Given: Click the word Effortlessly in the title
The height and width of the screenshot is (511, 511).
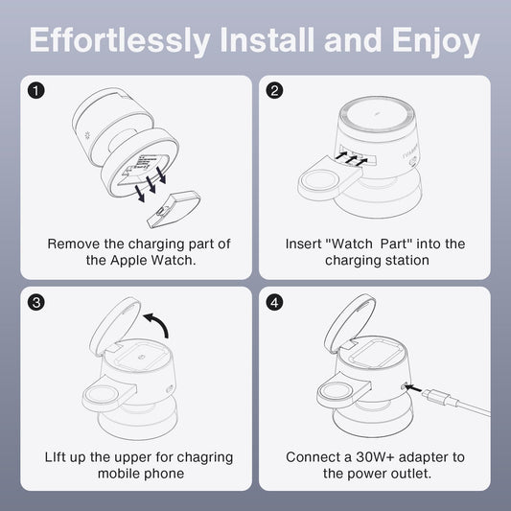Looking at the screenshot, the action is point(119,40).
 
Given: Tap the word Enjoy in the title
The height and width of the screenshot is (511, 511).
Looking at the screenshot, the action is point(436,41).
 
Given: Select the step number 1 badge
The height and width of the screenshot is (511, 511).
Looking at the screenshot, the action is point(35,90).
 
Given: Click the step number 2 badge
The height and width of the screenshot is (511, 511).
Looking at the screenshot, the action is point(274,90).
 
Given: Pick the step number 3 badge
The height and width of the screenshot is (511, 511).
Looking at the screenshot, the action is point(35,302).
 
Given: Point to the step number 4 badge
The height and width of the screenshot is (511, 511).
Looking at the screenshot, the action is point(274,302).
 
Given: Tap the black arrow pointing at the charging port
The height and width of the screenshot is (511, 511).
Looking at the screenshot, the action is point(413,388).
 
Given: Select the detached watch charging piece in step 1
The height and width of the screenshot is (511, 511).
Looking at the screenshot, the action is point(174,209).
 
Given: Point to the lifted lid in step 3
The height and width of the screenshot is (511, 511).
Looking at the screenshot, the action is point(115,326).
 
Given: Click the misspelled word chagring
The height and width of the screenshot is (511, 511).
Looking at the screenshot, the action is point(204,458).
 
